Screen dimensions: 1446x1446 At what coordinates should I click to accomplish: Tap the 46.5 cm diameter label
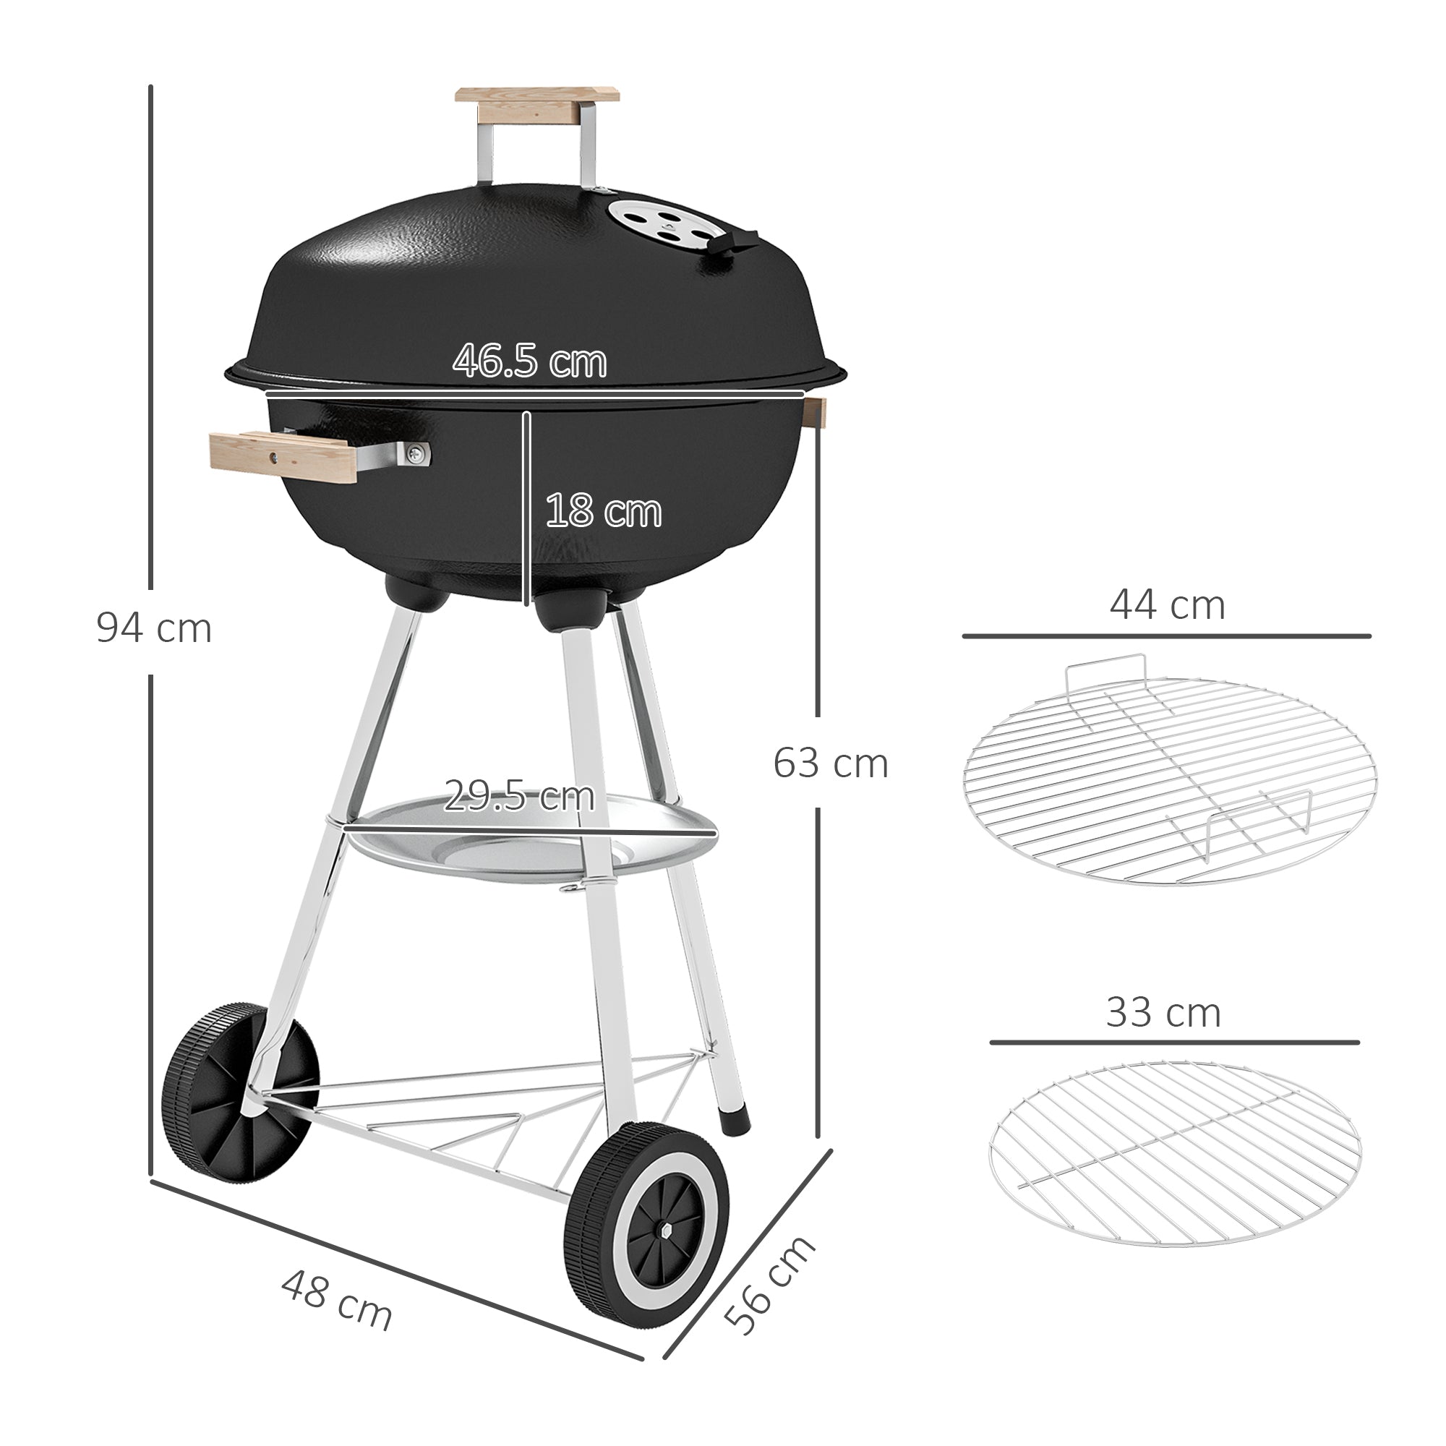click(x=529, y=361)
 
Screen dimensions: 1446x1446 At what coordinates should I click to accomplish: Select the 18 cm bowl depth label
click(x=603, y=511)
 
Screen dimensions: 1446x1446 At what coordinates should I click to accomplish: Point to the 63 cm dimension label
click(x=830, y=763)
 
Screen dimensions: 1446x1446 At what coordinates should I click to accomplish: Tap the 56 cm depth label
click(x=770, y=1285)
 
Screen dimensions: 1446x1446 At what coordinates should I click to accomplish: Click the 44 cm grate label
click(x=1167, y=604)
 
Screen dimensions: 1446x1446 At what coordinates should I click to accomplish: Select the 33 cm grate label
click(x=1163, y=1013)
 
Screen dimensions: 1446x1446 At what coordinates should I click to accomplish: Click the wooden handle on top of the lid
click(x=538, y=105)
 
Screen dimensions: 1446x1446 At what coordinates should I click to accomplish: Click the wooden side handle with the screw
click(x=284, y=455)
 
